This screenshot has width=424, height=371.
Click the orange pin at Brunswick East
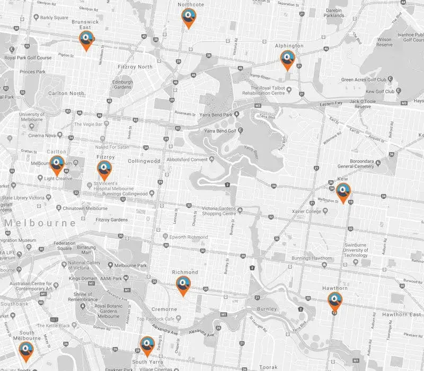point(86,40)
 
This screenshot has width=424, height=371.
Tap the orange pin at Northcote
point(187,17)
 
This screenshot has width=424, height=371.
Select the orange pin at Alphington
point(287,59)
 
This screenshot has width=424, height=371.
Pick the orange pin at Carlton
point(57,165)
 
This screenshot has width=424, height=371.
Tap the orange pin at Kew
point(343,192)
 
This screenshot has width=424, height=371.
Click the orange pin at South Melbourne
point(25,350)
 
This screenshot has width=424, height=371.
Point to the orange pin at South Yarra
point(146,346)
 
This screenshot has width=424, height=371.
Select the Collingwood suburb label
point(144,161)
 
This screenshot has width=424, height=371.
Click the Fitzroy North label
point(134,67)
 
